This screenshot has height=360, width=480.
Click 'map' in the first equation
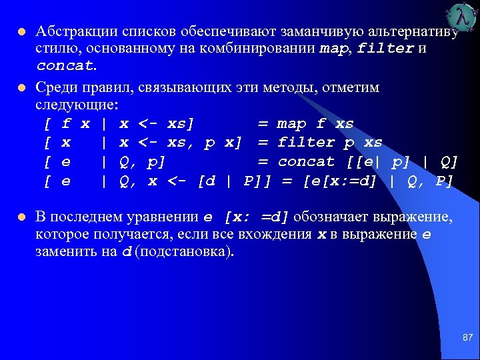click(x=291, y=124)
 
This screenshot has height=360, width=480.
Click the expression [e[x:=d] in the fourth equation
click(x=341, y=181)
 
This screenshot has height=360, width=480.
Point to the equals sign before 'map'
click(x=263, y=124)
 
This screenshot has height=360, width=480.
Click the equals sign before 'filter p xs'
click(x=263, y=143)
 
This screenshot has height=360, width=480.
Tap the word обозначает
click(x=331, y=217)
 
